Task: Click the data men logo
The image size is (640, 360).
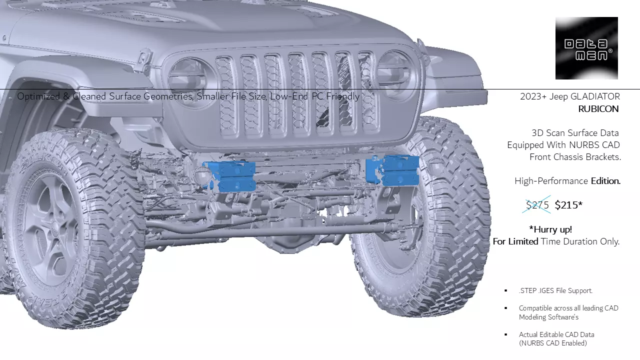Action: (586, 48)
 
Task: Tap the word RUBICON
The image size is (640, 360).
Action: (598, 109)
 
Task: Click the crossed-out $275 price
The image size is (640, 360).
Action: (537, 205)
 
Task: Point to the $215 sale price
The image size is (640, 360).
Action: (568, 205)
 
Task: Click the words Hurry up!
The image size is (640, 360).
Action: (550, 229)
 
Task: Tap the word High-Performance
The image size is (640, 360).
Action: (551, 181)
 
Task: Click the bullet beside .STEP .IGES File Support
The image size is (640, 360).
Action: (505, 290)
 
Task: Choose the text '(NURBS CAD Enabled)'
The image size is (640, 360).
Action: (553, 343)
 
